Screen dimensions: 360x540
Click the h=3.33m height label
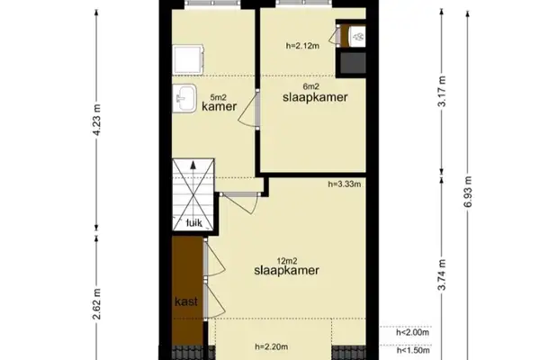pos(345,186)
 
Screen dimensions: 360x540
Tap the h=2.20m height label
pos(272,346)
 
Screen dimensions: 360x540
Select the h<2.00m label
pos(413,332)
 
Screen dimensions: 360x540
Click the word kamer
pos(219,106)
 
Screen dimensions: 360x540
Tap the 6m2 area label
pos(313,85)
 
